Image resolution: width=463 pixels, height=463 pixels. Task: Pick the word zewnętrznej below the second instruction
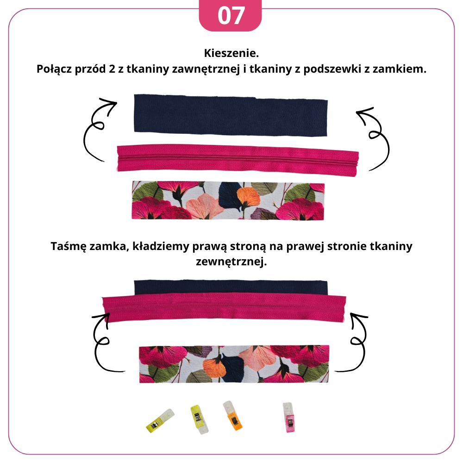231,262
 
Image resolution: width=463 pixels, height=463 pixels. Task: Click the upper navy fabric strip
231,115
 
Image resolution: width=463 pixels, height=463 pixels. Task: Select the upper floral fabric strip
228,200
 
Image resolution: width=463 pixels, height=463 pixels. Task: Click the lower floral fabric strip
234,364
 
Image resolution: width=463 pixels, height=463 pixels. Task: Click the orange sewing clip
233,415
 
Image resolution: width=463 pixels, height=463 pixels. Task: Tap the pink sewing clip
288,417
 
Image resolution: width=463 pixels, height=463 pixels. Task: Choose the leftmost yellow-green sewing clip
160,420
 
